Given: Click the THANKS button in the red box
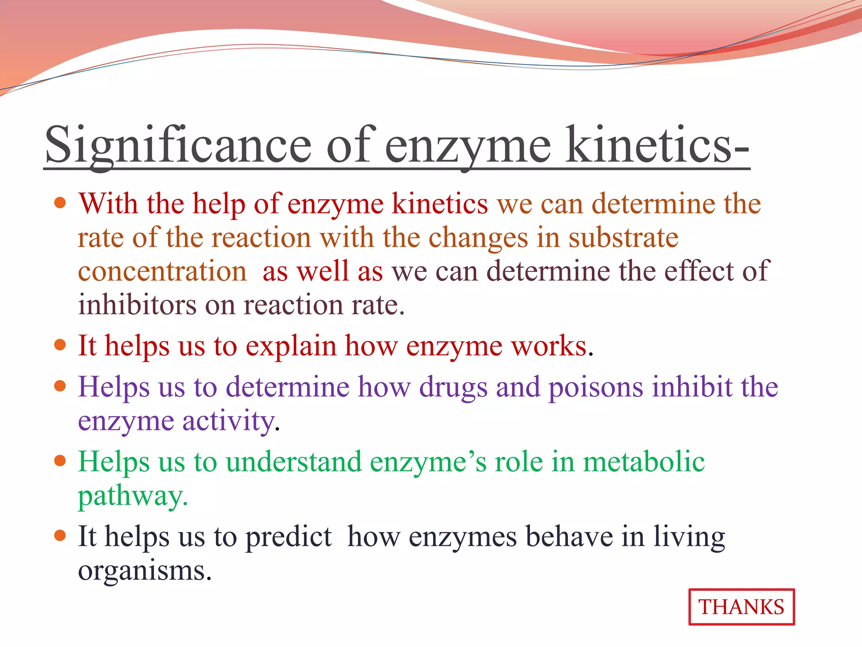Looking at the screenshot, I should pyautogui.click(x=741, y=607).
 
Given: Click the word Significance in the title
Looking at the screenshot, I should pyautogui.click(x=178, y=145).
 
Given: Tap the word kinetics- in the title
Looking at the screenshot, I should pyautogui.click(x=657, y=145).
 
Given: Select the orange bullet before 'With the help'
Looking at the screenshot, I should pyautogui.click(x=61, y=203).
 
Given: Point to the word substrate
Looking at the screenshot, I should pyautogui.click(x=623, y=238).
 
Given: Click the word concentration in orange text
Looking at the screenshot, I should pyautogui.click(x=162, y=271).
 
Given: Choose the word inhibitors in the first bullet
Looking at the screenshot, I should pyautogui.click(x=137, y=305).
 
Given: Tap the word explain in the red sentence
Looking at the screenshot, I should pyautogui.click(x=290, y=346).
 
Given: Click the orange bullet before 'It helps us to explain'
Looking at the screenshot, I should pyautogui.click(x=61, y=345).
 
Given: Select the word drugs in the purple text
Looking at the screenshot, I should pyautogui.click(x=453, y=387).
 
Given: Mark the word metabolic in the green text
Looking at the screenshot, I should pyautogui.click(x=644, y=462).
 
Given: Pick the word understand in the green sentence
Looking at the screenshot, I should pyautogui.click(x=293, y=462).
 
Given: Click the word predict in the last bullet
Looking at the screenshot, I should pyautogui.click(x=289, y=537).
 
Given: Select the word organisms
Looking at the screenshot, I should pyautogui.click(x=144, y=571).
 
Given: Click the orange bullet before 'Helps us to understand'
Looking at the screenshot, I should pyautogui.click(x=61, y=461).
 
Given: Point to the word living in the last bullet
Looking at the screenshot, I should pyautogui.click(x=689, y=537).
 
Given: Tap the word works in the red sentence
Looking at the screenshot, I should pyautogui.click(x=549, y=346).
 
